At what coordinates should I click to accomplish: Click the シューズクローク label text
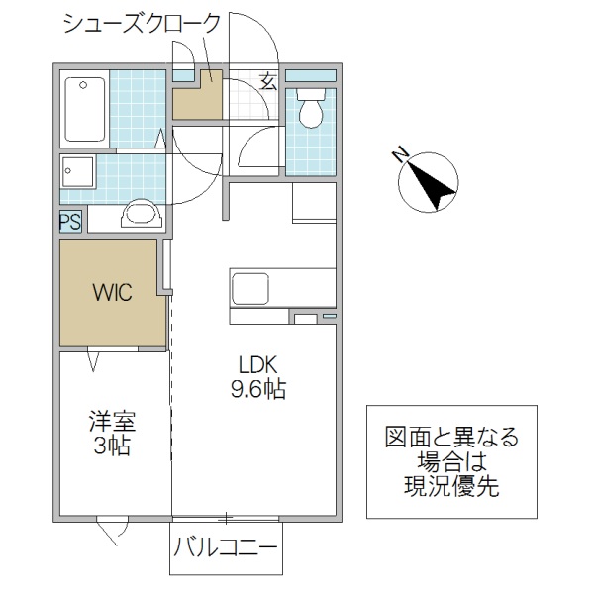pyautogui.click(x=141, y=24)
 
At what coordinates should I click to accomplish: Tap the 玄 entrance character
pyautogui.click(x=268, y=83)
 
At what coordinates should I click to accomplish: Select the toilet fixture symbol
pyautogui.click(x=311, y=109)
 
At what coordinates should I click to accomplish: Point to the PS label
pyautogui.click(x=70, y=222)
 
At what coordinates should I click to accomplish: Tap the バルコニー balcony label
pyautogui.click(x=227, y=545)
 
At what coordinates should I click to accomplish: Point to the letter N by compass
pyautogui.click(x=400, y=155)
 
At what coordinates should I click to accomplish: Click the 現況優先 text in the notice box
pyautogui.click(x=450, y=486)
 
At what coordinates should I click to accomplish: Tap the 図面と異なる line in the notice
pyautogui.click(x=450, y=437)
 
